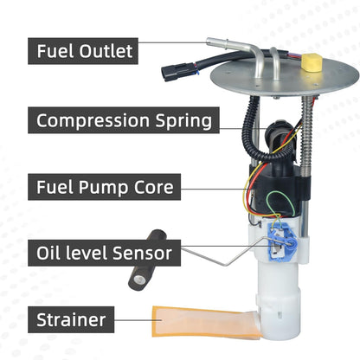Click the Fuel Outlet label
pyautogui.click(x=84, y=51)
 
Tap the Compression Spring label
pyautogui.click(x=124, y=119)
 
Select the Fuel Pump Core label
pyautogui.click(x=105, y=186)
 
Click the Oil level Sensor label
pyautogui.click(x=104, y=254)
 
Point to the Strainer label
pyautogui.click(x=71, y=320)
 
